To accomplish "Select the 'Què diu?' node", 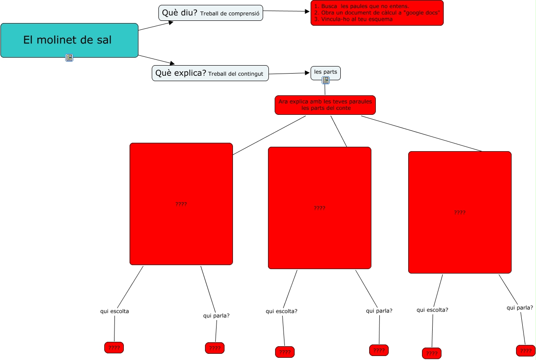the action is (x=211, y=13).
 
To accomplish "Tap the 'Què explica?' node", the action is (x=210, y=73).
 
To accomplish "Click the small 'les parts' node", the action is (x=326, y=71).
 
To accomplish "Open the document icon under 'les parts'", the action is (x=326, y=80).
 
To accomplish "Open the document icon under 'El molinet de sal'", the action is (x=69, y=57).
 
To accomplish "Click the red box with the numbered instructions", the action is (x=377, y=13).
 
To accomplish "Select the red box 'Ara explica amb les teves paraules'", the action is (x=325, y=105).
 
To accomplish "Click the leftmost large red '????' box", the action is (x=181, y=204).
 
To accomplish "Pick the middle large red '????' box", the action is (x=319, y=208).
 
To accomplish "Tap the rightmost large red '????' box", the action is (x=460, y=212).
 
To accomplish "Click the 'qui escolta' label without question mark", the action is (x=114, y=311).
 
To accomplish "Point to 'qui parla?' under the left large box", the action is (x=217, y=316).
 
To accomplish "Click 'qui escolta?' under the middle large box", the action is (x=281, y=311).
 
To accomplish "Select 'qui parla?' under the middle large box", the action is (x=379, y=311).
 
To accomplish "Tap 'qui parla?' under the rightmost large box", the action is (x=520, y=307).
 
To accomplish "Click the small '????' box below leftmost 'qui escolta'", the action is (x=114, y=348).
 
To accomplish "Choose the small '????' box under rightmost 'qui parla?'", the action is (x=526, y=351).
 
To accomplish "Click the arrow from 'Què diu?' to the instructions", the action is (x=287, y=12).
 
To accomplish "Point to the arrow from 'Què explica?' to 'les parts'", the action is (x=289, y=73).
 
